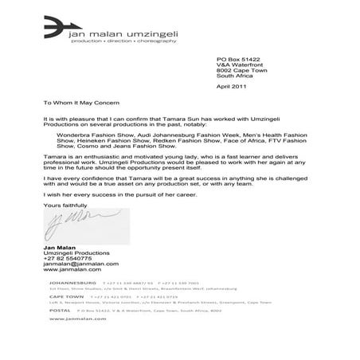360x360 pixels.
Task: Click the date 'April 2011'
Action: (233, 86)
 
